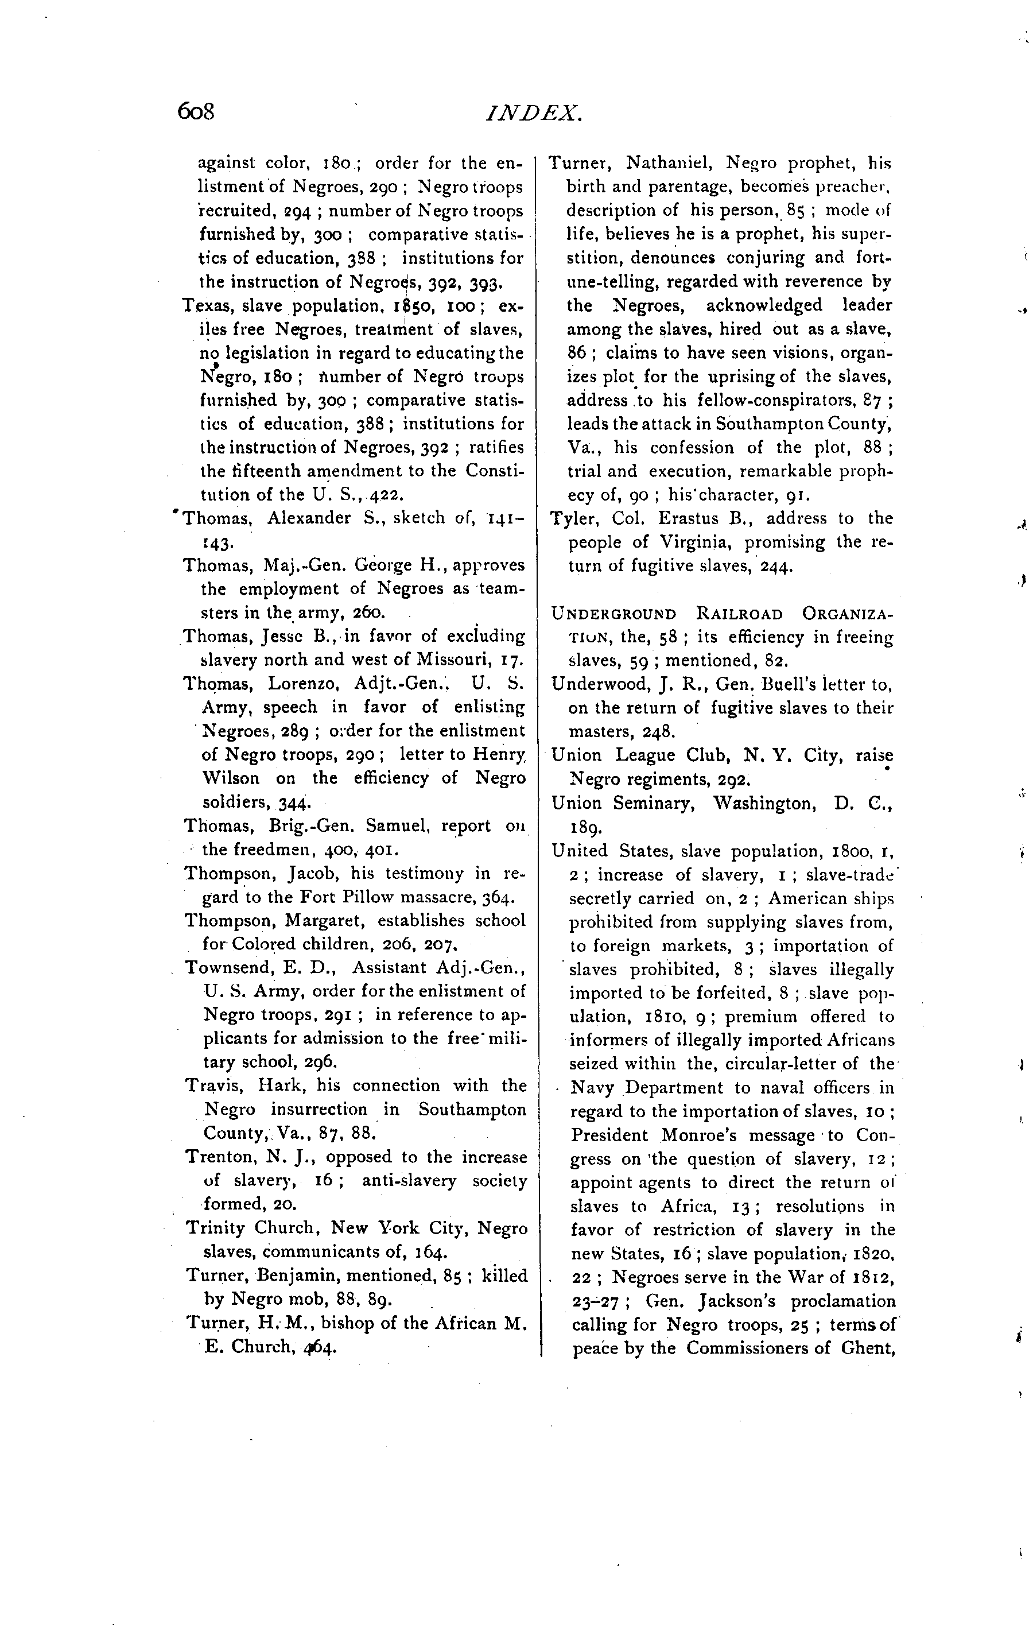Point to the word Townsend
tap(229, 967)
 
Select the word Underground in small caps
tap(614, 614)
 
